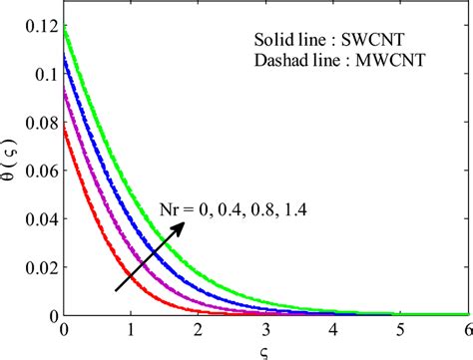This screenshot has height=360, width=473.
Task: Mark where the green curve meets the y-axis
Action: (x=65, y=27)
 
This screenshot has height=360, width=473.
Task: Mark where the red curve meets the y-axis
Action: (x=65, y=127)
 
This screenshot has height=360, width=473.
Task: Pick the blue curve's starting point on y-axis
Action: (x=65, y=58)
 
